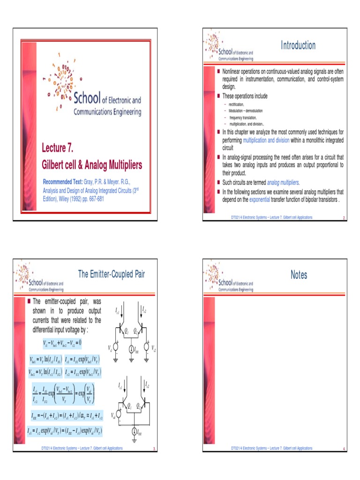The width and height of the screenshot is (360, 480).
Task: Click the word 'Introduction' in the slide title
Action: (298, 45)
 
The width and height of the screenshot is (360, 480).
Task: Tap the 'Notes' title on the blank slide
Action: (299, 275)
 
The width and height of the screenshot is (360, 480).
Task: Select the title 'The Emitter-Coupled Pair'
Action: (111, 274)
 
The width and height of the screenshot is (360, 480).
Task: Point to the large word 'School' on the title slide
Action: (87, 98)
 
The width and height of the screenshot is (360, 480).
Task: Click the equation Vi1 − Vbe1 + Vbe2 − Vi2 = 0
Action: (62, 343)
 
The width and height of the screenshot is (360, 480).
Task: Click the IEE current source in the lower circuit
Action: (134, 431)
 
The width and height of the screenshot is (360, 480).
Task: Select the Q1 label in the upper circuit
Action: (126, 331)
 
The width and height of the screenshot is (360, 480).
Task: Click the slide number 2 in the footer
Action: (344, 218)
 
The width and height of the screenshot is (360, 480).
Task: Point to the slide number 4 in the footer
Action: (344, 449)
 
